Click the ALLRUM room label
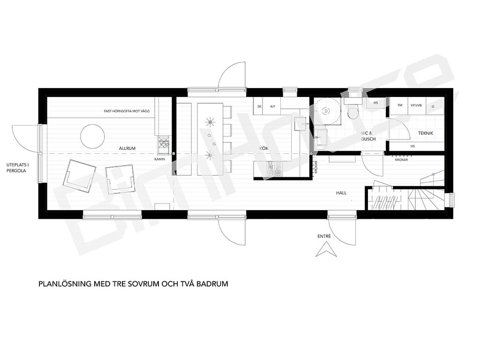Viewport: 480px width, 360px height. [x=127, y=149]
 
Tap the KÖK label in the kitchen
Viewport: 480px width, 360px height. [x=263, y=148]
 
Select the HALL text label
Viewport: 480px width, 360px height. [x=341, y=193]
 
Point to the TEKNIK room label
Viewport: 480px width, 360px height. [x=426, y=133]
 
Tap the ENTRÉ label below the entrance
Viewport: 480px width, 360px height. [x=324, y=236]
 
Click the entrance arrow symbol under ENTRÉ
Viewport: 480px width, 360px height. [x=326, y=249]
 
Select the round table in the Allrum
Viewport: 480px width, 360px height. [x=92, y=136]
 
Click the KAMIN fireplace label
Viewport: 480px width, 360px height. [x=160, y=159]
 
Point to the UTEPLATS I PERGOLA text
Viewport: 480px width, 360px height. [x=18, y=168]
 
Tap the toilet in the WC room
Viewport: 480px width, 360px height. [x=353, y=112]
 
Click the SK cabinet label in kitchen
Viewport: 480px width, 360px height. [x=260, y=106]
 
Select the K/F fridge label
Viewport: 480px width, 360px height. [x=273, y=106]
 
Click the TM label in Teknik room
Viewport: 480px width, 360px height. [x=400, y=105]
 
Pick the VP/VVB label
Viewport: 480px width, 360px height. [x=416, y=105]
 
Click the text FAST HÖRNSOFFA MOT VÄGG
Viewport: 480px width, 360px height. [x=127, y=111]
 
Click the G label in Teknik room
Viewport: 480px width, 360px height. [x=433, y=106]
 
